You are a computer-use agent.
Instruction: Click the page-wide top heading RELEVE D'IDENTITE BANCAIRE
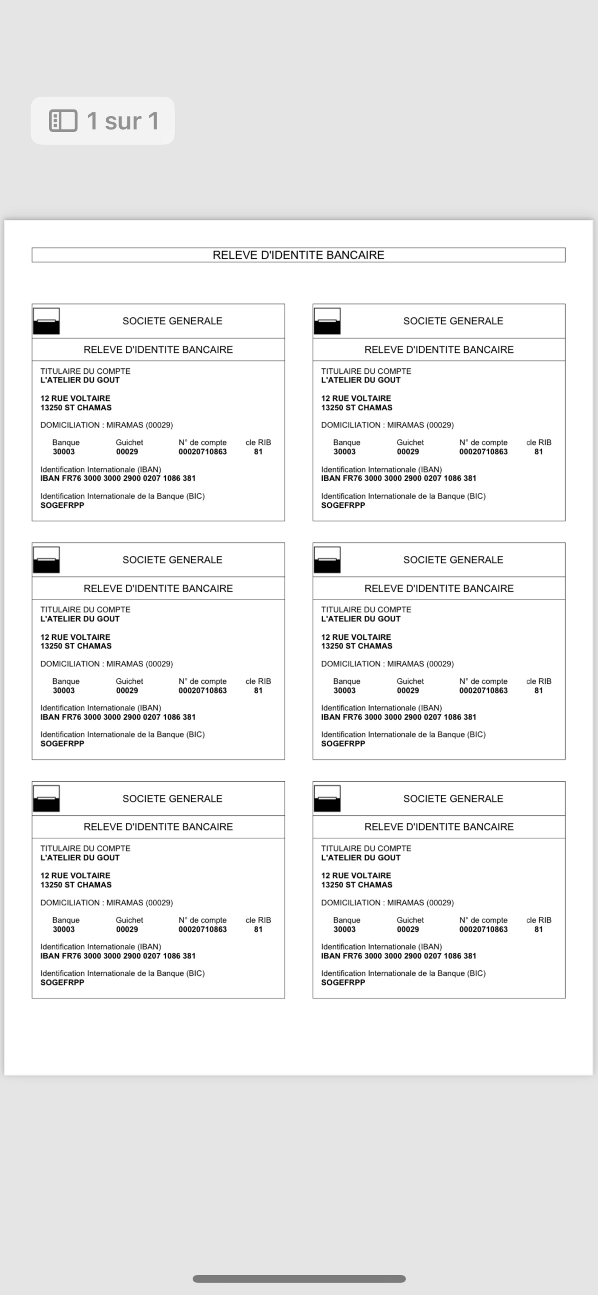pyautogui.click(x=298, y=255)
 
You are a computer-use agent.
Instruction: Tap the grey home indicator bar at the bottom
pyautogui.click(x=299, y=1279)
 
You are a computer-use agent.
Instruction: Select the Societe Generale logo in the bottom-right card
pyautogui.click(x=327, y=798)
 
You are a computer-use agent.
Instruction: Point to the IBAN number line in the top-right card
pyautogui.click(x=399, y=478)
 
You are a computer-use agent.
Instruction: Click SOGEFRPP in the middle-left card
pyautogui.click(x=62, y=744)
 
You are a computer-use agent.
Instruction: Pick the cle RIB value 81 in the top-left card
pyautogui.click(x=258, y=452)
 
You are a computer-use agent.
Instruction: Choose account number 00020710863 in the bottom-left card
pyautogui.click(x=202, y=929)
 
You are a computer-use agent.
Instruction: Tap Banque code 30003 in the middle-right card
pyautogui.click(x=345, y=690)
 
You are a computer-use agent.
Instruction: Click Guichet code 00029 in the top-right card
pyautogui.click(x=408, y=452)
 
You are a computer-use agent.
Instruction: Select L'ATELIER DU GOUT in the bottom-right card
pyautogui.click(x=361, y=858)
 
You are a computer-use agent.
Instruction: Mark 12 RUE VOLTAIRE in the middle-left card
pyautogui.click(x=75, y=637)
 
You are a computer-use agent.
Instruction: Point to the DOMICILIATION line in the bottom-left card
pyautogui.click(x=106, y=902)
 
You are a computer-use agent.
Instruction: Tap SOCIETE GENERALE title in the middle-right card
pyautogui.click(x=453, y=560)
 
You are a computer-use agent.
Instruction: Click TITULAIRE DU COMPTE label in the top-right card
pyautogui.click(x=366, y=371)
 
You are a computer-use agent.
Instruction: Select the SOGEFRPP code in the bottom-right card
pyautogui.click(x=343, y=982)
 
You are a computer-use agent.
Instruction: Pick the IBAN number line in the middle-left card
pyautogui.click(x=118, y=717)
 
